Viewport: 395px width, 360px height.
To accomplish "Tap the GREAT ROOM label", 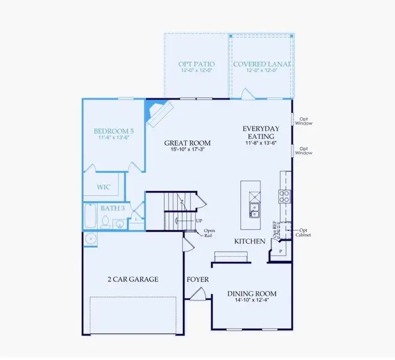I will [x=188, y=143].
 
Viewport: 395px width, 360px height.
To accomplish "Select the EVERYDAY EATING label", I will [x=261, y=128].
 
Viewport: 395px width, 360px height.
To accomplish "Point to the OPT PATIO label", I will [x=197, y=64].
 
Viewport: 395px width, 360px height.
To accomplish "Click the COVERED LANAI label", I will [x=261, y=64].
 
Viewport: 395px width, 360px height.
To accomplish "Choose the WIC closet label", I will [x=104, y=187].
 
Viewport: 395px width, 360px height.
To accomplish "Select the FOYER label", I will [x=197, y=279].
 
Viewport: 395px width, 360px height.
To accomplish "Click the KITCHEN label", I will [x=249, y=241].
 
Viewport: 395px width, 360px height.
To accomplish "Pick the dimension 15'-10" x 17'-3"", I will [x=188, y=150].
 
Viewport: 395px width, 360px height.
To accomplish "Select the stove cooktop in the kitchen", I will [x=284, y=196].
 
